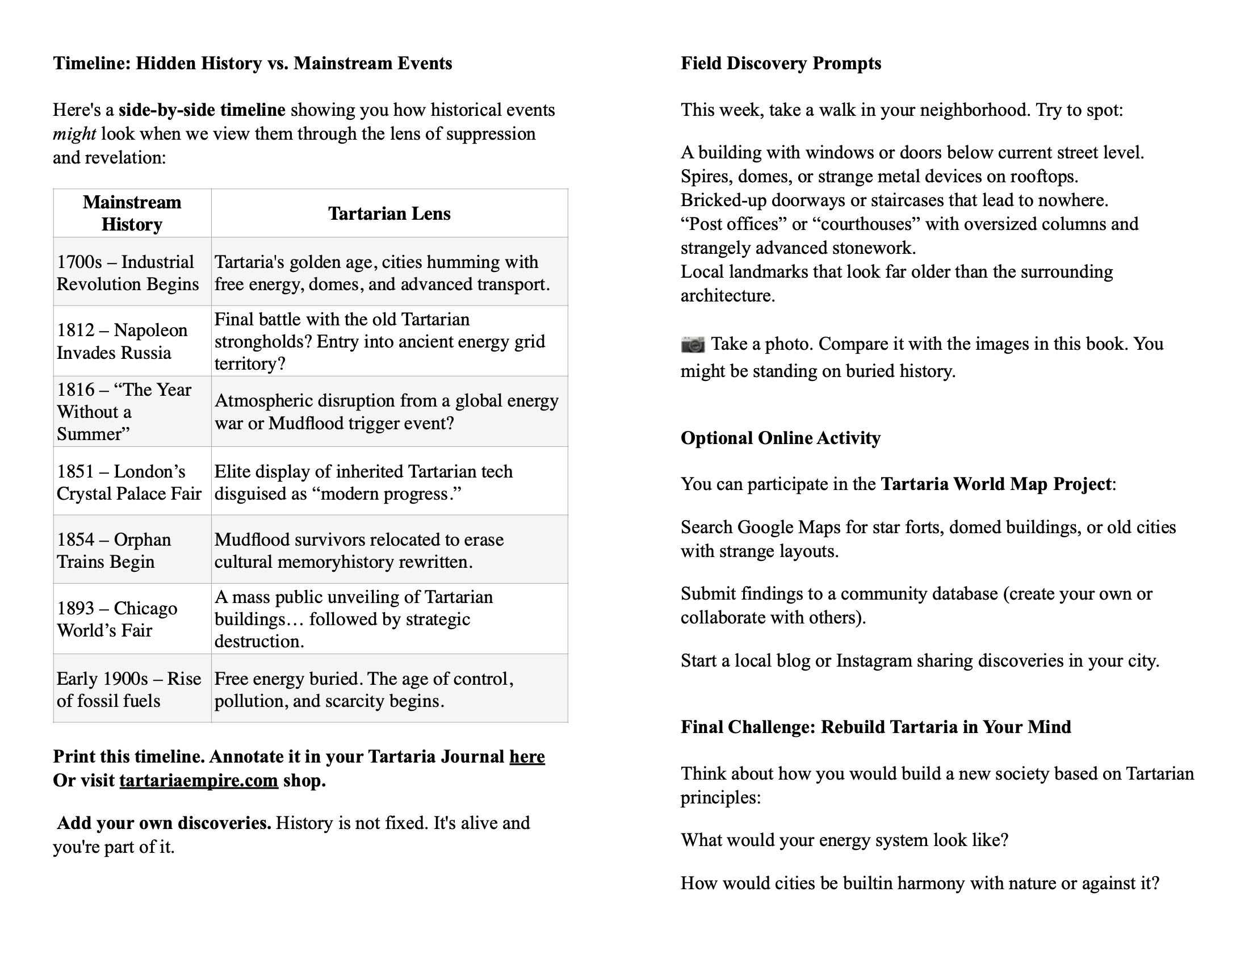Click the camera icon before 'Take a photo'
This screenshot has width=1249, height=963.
coord(693,344)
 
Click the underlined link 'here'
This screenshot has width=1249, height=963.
coord(527,756)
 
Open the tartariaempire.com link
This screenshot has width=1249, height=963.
coord(199,780)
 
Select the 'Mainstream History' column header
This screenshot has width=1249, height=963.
coord(132,213)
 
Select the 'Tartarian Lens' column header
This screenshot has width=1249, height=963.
coord(389,213)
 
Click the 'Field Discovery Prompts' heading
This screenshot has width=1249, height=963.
coord(780,63)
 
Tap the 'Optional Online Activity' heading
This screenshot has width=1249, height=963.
coord(780,437)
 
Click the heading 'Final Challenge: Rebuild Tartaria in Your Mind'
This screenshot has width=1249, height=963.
coord(875,726)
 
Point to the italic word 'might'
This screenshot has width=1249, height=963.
coord(74,134)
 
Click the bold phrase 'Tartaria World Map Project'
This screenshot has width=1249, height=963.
coord(996,484)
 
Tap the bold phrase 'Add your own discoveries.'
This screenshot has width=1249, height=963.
coord(164,822)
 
